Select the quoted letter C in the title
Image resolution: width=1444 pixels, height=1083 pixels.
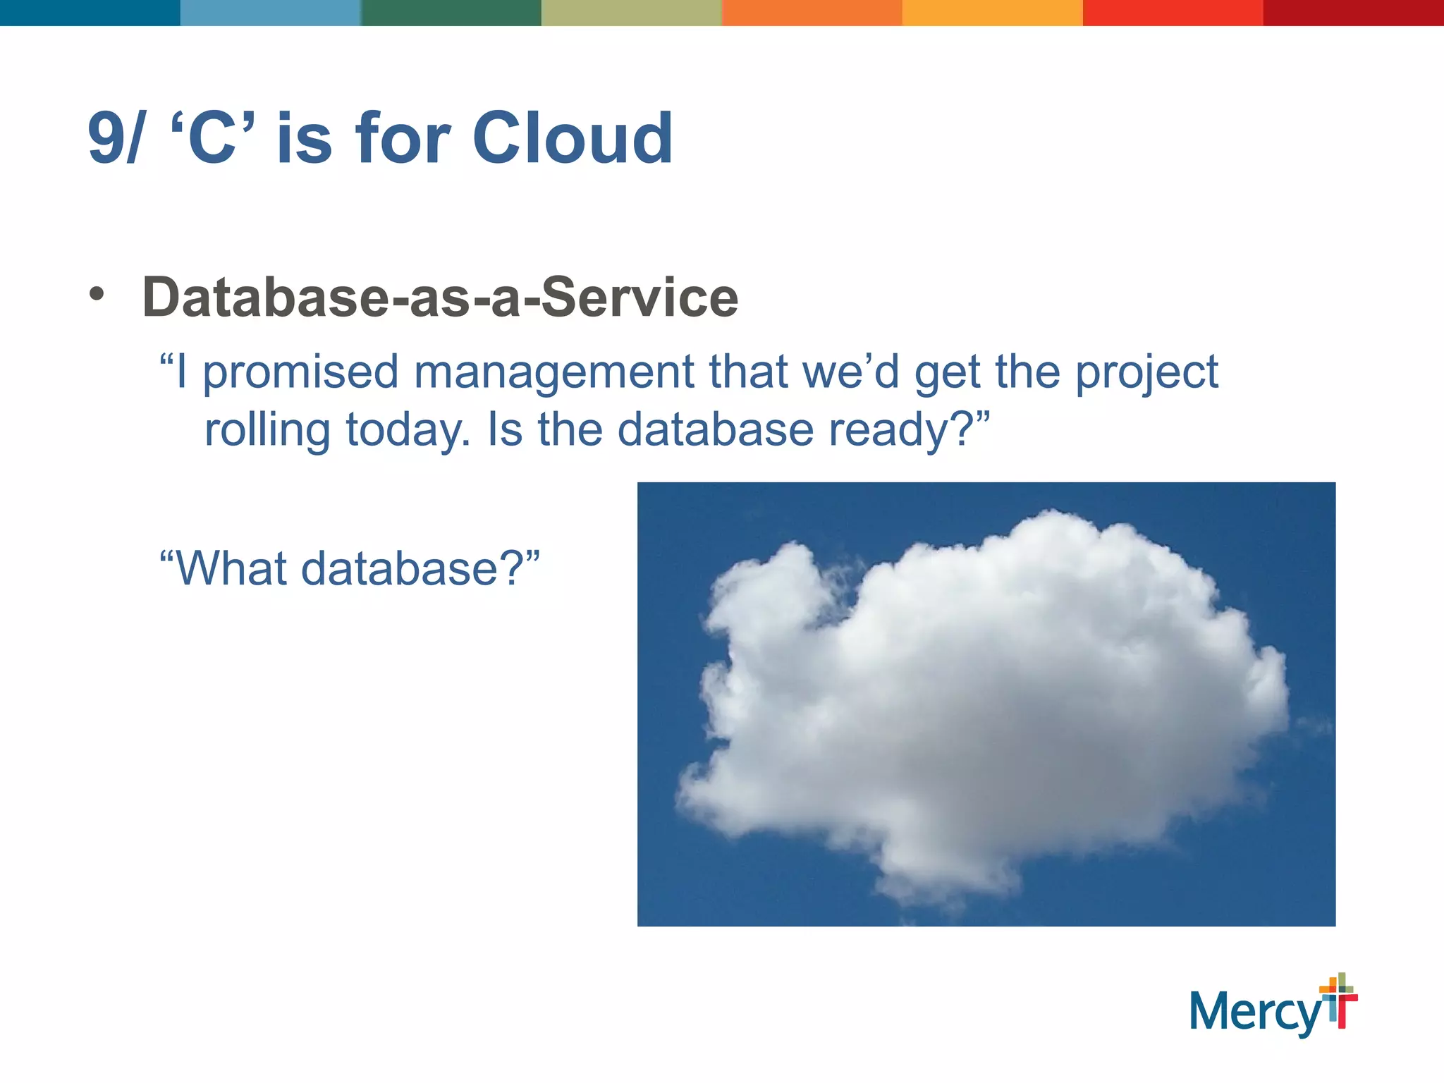212,139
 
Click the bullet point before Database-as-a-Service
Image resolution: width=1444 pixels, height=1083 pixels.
97,294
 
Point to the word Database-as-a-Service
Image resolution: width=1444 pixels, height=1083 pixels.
440,298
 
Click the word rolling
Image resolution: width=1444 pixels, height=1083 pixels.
267,430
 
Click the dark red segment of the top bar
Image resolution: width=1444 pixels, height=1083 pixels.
1353,13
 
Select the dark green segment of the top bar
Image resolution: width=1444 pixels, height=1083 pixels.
451,13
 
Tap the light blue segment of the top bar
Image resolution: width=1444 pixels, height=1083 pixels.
271,13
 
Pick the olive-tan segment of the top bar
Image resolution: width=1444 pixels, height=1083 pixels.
632,13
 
